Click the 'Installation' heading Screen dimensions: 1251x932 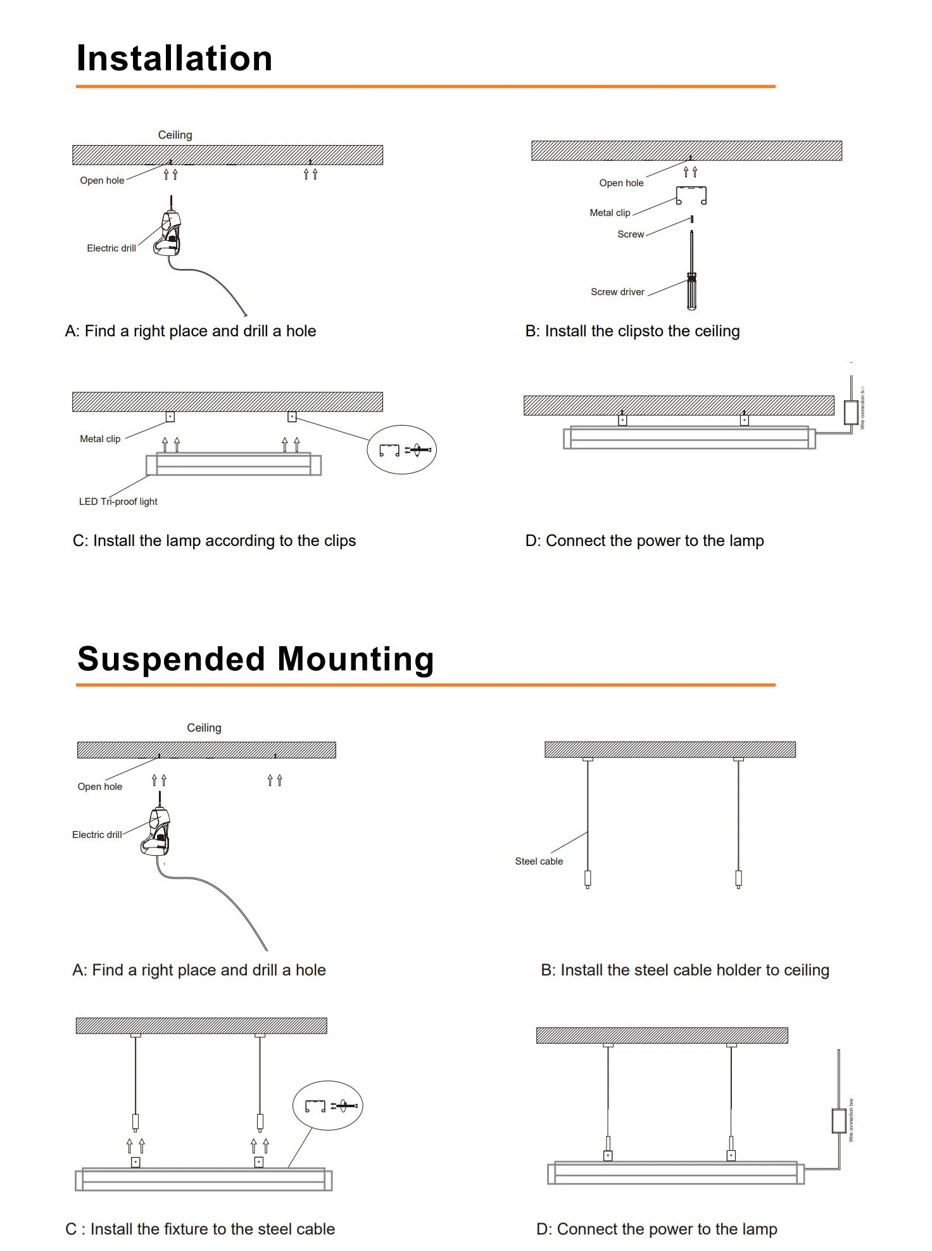(174, 58)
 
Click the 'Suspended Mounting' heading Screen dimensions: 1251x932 (255, 659)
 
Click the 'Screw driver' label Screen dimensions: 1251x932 (617, 292)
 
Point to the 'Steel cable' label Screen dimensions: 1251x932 (539, 861)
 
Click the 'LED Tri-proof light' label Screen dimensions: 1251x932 (118, 502)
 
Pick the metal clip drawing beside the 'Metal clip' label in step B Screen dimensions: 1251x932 (691, 196)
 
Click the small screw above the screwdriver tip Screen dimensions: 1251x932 (691, 219)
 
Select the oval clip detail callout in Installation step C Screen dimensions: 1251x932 (402, 450)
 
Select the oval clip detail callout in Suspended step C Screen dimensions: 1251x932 (327, 1106)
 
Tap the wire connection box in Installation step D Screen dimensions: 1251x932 (850, 412)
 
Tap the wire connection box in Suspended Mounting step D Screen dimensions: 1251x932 (838, 1121)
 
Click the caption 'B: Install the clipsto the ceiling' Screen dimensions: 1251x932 (632, 331)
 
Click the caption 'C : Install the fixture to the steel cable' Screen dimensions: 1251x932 (200, 1229)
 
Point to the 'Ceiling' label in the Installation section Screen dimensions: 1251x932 (175, 135)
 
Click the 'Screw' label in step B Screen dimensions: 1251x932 (631, 234)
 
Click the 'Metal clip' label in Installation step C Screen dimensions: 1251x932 (100, 439)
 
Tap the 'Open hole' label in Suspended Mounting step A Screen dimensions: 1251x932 (100, 787)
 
